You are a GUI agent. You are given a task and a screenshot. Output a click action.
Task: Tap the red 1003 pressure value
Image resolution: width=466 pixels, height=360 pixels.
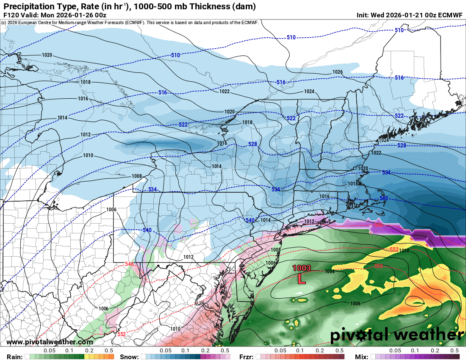(x=302, y=268)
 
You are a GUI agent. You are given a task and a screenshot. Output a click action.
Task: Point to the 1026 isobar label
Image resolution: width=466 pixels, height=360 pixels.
(x=337, y=72)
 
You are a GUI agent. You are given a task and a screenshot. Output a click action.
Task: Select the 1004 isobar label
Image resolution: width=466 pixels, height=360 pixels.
(x=330, y=271)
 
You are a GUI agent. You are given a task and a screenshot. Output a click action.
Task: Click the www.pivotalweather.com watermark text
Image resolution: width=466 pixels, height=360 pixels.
(x=50, y=342)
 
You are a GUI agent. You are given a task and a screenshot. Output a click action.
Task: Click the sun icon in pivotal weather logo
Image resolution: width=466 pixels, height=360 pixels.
(x=361, y=336)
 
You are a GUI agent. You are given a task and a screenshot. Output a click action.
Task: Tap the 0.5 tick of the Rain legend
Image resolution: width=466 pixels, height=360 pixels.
(x=109, y=351)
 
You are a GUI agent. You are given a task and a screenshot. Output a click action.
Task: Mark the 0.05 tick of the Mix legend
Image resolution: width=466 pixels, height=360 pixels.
(x=395, y=351)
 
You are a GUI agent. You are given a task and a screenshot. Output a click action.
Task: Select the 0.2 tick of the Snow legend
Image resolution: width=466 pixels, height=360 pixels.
(x=205, y=351)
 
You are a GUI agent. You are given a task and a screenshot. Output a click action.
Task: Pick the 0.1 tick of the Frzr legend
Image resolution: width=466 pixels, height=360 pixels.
(x=300, y=351)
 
